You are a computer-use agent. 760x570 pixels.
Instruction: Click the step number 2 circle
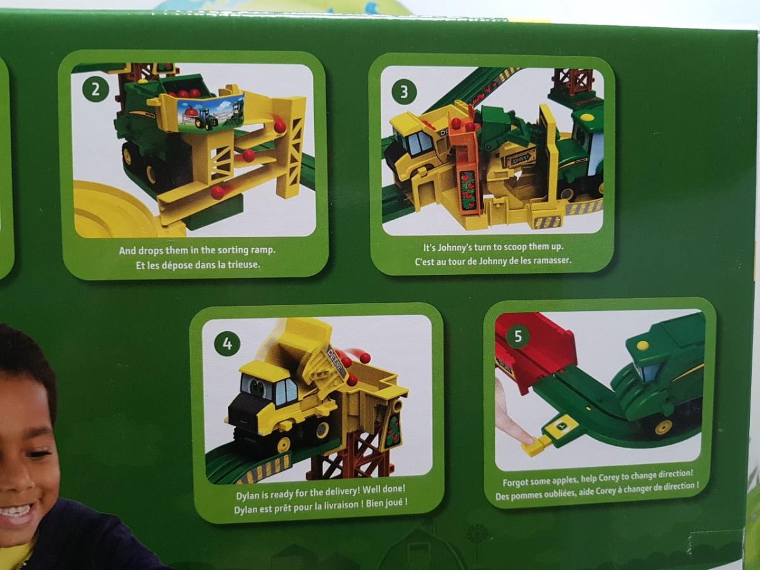pos(96,90)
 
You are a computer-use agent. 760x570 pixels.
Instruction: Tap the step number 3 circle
pos(404,92)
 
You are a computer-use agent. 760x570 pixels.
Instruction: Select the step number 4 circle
pos(227,344)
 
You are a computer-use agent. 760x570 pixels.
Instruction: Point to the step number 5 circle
pos(518,336)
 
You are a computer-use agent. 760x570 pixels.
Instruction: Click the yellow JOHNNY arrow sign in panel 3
pos(521,158)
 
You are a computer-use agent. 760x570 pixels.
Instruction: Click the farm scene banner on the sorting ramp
pos(210,113)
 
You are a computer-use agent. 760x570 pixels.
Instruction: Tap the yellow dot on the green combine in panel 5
pos(643,345)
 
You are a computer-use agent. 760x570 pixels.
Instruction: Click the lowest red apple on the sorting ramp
pos(218,192)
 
